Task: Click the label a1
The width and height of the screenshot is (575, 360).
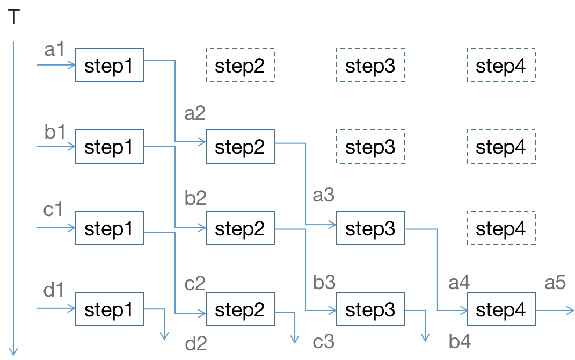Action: click(54, 50)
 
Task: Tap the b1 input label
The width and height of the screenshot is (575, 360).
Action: click(54, 131)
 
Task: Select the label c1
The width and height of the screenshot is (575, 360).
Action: click(53, 210)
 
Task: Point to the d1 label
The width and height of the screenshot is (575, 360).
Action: click(53, 290)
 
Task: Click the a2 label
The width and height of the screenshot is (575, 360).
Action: click(195, 114)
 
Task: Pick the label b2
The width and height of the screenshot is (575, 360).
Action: click(195, 198)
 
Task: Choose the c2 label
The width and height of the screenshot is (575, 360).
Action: click(195, 283)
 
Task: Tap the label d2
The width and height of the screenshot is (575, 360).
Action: click(196, 343)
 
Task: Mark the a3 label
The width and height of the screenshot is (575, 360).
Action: click(324, 196)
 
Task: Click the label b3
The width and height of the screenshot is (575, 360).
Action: click(324, 283)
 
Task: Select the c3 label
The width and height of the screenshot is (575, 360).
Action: click(324, 342)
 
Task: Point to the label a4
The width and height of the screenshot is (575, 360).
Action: click(459, 283)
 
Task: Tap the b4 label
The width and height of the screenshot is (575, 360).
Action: click(460, 341)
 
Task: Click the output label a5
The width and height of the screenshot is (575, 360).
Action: click(556, 283)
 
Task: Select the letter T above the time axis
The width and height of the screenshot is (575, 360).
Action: click(14, 17)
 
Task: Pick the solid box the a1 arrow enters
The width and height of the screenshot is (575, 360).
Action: click(110, 65)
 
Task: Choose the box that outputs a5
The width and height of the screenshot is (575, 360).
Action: click(501, 309)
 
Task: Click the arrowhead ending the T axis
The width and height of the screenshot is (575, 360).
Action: click(13, 352)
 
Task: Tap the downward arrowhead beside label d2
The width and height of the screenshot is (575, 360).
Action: click(165, 336)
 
